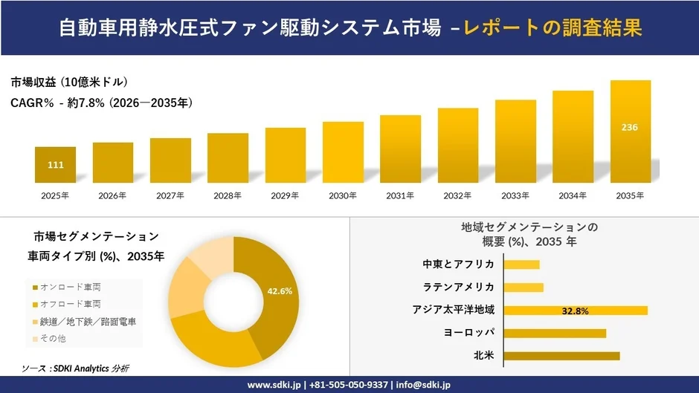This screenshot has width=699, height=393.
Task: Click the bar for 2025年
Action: tap(55, 165)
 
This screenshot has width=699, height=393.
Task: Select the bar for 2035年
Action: tap(630, 131)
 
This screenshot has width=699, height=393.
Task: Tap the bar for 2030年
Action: tap(343, 152)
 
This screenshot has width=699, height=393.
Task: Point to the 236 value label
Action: tap(630, 127)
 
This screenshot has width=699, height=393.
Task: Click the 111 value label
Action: tap(55, 165)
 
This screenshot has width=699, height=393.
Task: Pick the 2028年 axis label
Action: tap(228, 196)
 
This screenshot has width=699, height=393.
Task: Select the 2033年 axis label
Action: tap(515, 196)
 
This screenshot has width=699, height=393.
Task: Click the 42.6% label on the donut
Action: tap(280, 290)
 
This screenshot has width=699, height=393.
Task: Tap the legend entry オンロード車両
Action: tap(71, 287)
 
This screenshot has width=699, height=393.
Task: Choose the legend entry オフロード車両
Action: tap(71, 304)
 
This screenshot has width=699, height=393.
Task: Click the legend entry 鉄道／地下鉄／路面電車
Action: tap(88, 322)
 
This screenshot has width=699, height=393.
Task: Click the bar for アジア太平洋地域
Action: tap(576, 311)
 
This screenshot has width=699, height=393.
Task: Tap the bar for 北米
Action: tap(561, 356)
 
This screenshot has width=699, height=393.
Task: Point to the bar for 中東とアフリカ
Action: tap(521, 264)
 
